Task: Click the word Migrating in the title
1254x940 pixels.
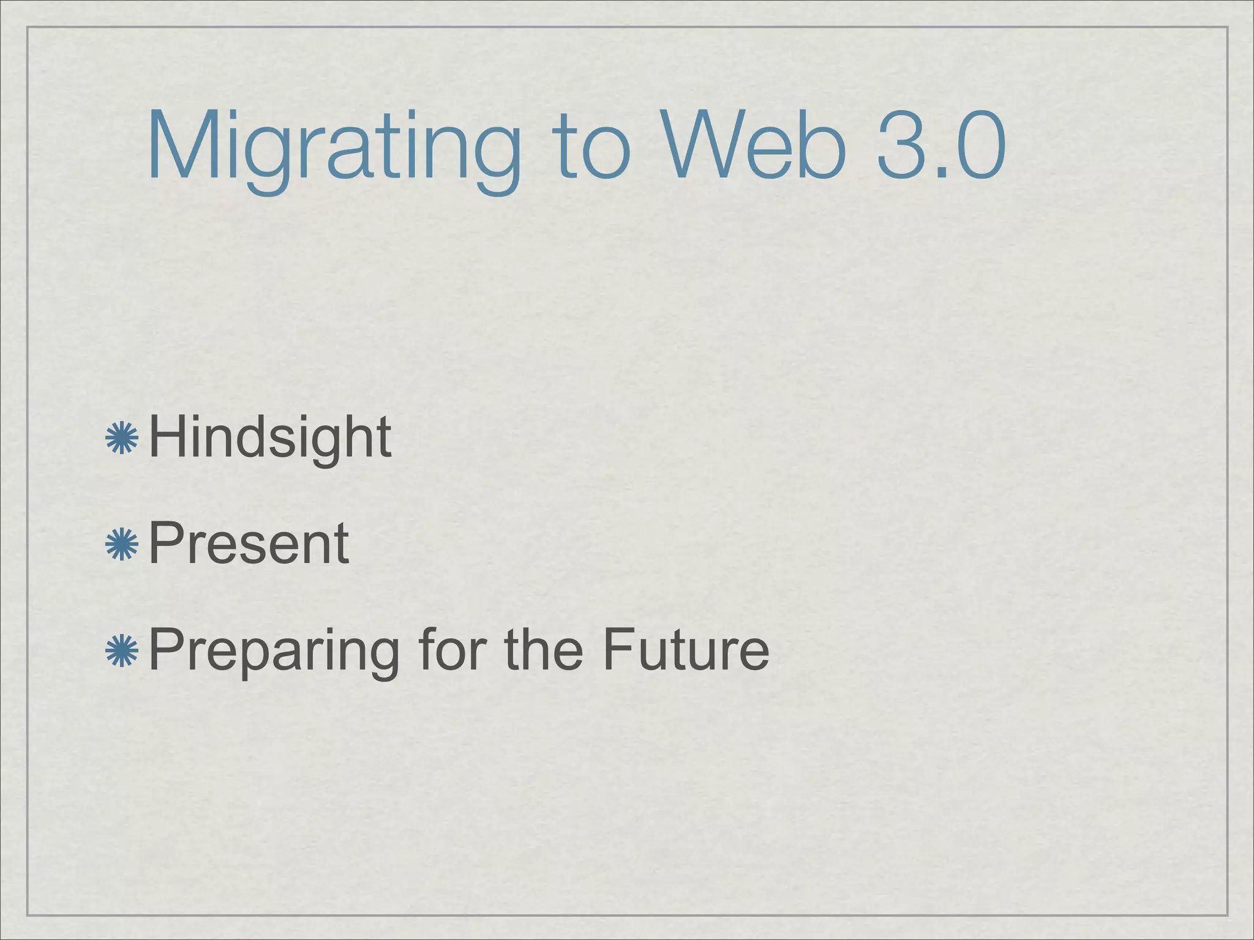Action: pyautogui.click(x=333, y=147)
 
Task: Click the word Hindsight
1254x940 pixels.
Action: pyautogui.click(x=270, y=438)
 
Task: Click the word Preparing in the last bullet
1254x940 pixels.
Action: pyautogui.click(x=274, y=651)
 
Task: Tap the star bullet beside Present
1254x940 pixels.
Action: pyautogui.click(x=122, y=544)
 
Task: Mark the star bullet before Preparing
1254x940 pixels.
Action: pyautogui.click(x=122, y=650)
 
